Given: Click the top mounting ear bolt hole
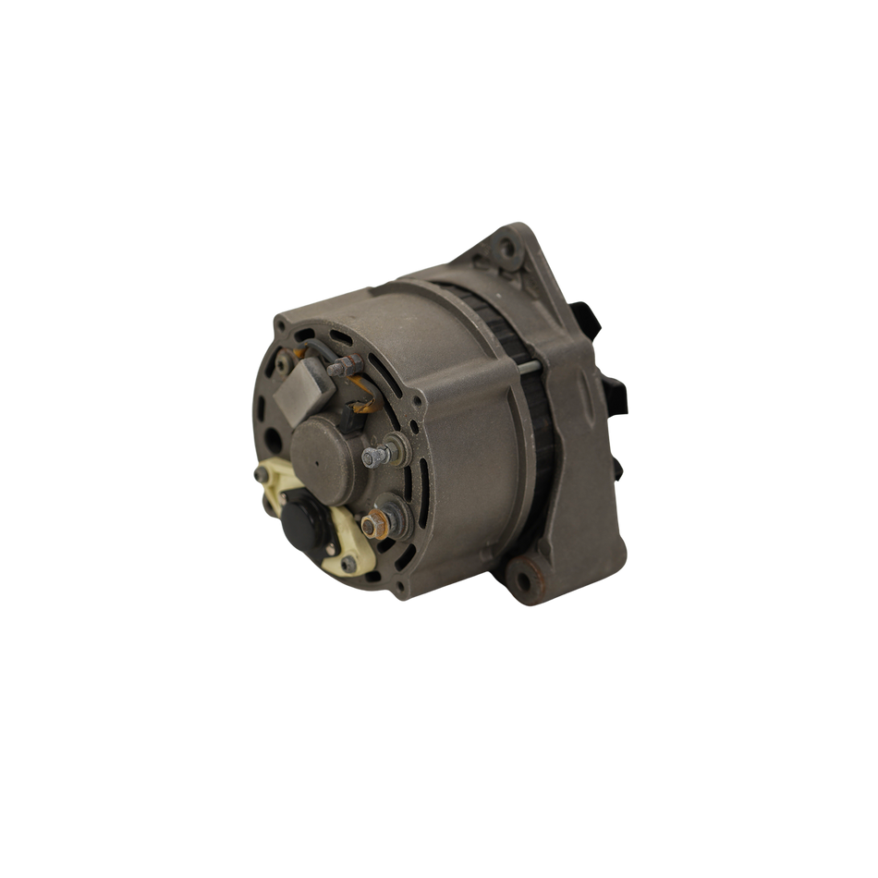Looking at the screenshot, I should point(506,248).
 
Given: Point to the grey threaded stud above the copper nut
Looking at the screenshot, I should point(373,456).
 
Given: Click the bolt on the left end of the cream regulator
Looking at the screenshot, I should point(257,475).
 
